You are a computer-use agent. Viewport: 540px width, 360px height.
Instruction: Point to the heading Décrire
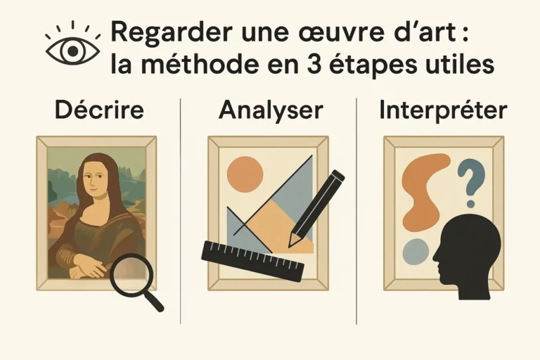(99, 110)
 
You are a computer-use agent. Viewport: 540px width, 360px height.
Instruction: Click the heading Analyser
(271, 110)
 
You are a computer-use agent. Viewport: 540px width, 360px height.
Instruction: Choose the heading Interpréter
(443, 110)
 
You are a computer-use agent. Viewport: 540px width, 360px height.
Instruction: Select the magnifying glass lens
(131, 274)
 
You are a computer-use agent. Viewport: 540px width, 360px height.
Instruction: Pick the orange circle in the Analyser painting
(245, 174)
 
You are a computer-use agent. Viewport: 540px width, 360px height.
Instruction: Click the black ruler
(253, 262)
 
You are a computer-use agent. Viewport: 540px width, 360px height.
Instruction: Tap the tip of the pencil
(289, 246)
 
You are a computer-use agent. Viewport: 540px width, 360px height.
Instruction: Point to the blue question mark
(472, 184)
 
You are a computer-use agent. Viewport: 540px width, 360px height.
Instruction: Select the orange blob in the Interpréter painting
(423, 191)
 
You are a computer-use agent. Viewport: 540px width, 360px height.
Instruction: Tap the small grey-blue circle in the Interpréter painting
(416, 252)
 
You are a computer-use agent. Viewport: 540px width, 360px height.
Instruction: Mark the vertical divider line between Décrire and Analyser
(181, 211)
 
